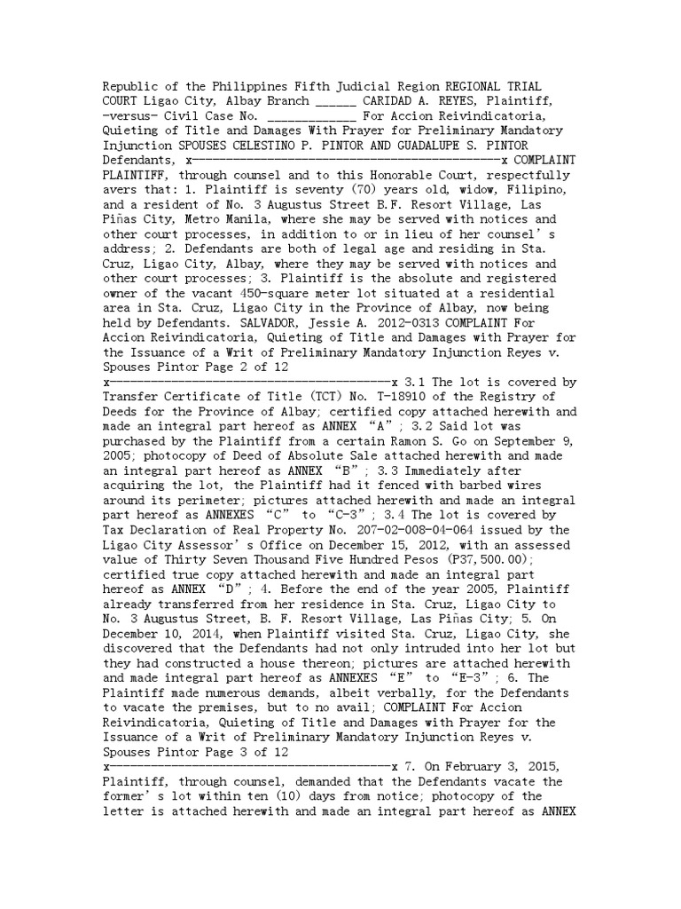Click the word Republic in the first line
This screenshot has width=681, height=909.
132,86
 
